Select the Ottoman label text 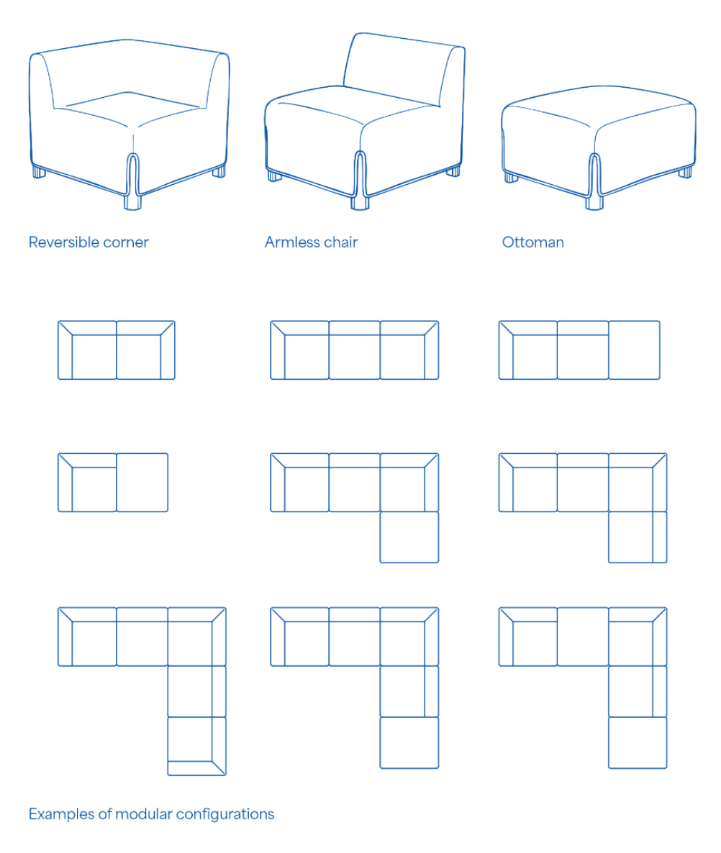pyautogui.click(x=532, y=242)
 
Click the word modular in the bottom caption pyautogui.click(x=144, y=814)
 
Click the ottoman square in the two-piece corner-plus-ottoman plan pyautogui.click(x=142, y=483)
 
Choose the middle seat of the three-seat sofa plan pyautogui.click(x=354, y=350)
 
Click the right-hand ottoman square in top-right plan pyautogui.click(x=634, y=350)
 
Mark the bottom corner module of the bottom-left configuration pyautogui.click(x=197, y=746)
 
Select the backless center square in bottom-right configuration pyautogui.click(x=583, y=637)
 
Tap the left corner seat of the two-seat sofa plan pyautogui.click(x=87, y=350)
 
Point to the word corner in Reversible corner pyautogui.click(x=127, y=242)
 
